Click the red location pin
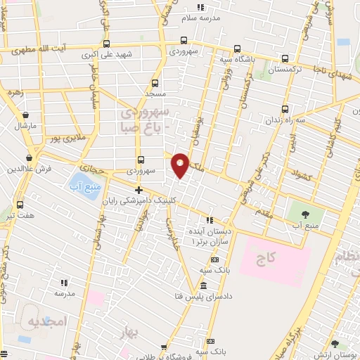pos(181,165)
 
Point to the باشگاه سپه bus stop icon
pos(237,49)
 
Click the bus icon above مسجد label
pos(155,82)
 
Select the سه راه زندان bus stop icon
pos(285,109)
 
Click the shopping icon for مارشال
pos(25,115)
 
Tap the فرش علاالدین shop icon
pos(29,158)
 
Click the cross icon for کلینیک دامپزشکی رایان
pos(139,190)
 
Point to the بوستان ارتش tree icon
pos(335,344)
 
